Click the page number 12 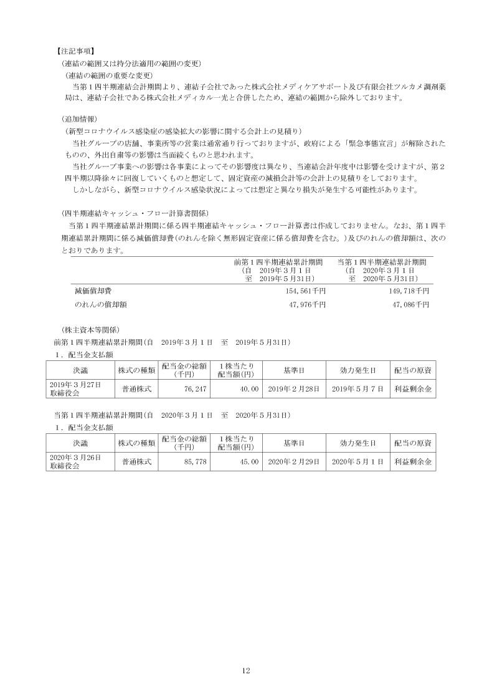(x=245, y=670)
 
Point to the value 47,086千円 (x=409, y=304)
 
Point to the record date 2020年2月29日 (x=293, y=462)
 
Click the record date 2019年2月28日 (x=293, y=388)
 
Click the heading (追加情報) (x=79, y=118)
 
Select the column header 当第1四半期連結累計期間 (x=382, y=262)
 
